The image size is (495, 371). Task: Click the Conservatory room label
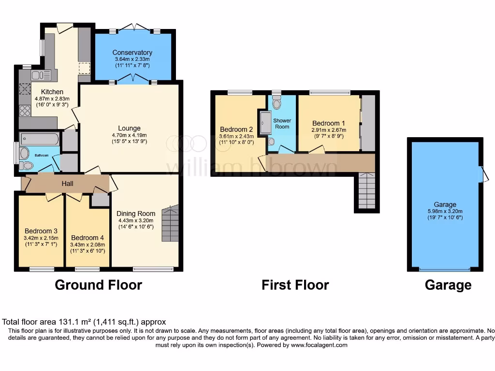[x=132, y=53]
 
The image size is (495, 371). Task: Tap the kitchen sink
[x=41, y=75]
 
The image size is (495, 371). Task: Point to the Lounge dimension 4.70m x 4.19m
[x=130, y=135]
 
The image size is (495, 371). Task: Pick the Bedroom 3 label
[x=41, y=230]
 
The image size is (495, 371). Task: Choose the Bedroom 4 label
[x=87, y=238]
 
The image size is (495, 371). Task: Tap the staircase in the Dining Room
[x=170, y=223]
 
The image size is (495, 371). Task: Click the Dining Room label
[x=136, y=214]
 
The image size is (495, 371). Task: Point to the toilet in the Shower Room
[x=277, y=102]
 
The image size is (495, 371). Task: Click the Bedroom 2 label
[x=236, y=129]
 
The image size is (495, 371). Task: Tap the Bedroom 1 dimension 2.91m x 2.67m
[x=328, y=130]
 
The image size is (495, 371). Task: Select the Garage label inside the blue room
[x=445, y=204]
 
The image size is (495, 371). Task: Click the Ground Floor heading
[x=98, y=285]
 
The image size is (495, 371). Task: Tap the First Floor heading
[x=295, y=285]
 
